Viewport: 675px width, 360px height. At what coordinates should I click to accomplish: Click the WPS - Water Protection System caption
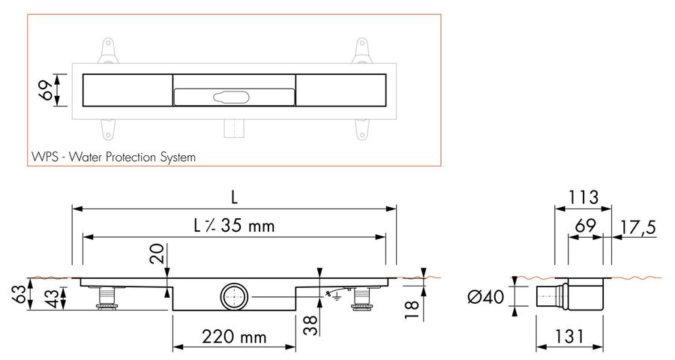(x=114, y=157)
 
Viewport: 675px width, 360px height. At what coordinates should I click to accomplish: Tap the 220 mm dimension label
(x=234, y=336)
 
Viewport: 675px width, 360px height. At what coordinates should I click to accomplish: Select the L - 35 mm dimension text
(x=234, y=226)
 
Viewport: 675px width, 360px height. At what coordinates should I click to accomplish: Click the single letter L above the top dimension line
(x=234, y=197)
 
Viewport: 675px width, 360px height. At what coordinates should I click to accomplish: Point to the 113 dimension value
(x=583, y=197)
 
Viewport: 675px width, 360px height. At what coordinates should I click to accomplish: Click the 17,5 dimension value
(x=638, y=227)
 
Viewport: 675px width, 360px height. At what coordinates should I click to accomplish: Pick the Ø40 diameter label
(x=485, y=296)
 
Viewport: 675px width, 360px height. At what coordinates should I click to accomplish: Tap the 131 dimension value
(x=568, y=336)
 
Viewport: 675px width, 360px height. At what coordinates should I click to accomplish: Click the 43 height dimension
(x=52, y=298)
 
